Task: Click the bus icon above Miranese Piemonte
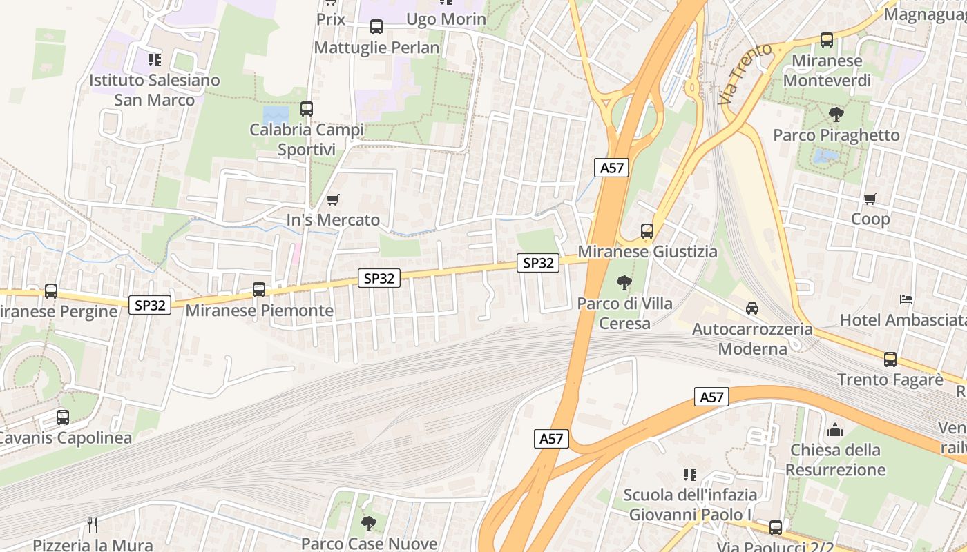(259, 290)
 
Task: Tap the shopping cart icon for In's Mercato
(333, 200)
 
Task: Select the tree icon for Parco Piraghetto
(836, 115)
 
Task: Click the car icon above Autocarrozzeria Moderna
(752, 308)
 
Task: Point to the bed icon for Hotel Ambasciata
(906, 299)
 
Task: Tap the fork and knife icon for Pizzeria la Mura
(91, 524)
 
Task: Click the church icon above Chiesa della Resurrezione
(835, 430)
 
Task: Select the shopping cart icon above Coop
(870, 199)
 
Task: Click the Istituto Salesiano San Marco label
(155, 90)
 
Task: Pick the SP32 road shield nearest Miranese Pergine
(150, 305)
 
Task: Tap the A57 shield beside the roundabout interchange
(612, 168)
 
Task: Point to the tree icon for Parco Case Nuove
(369, 523)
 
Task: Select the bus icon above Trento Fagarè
(890, 359)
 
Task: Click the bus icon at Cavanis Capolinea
(63, 417)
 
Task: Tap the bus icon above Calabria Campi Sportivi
(307, 109)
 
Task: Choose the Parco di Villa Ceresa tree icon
(624, 283)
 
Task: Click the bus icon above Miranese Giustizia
(647, 231)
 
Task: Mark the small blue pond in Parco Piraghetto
(825, 157)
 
